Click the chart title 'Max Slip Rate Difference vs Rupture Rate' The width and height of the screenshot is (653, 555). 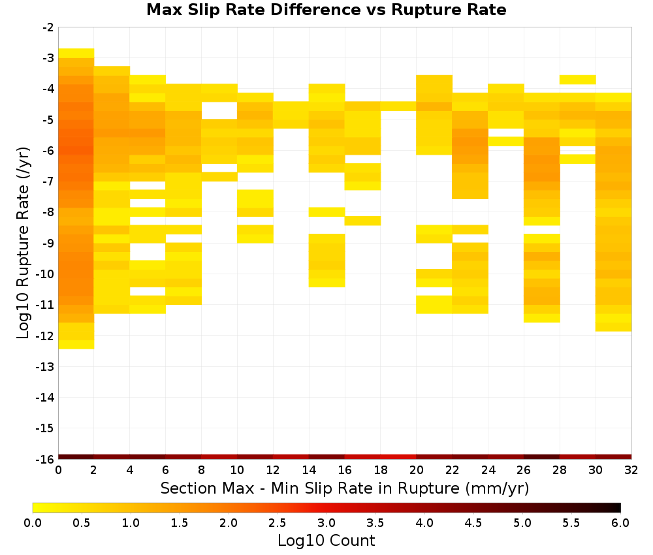point(326,10)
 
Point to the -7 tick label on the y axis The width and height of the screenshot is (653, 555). point(48,182)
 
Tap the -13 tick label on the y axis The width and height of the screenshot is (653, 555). point(45,367)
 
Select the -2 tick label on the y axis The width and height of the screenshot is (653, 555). point(48,27)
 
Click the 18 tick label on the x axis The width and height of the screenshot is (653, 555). point(381,470)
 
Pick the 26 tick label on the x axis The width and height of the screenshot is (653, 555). point(524,470)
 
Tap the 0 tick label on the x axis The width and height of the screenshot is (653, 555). point(58,470)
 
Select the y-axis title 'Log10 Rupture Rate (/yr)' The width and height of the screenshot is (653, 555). point(24,243)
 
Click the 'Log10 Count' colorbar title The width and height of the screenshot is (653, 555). point(326,541)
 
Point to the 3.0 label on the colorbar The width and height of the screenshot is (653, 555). point(326,523)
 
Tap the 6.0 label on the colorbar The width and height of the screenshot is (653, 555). point(620,523)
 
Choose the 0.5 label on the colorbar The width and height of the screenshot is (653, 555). point(81,523)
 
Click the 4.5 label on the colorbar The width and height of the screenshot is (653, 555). point(473,523)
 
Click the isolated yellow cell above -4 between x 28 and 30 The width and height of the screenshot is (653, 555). point(578,80)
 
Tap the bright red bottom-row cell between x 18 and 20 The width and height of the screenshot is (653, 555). point(398,457)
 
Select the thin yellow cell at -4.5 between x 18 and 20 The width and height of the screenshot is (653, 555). point(398,106)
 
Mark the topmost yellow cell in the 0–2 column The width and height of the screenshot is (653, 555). point(76,54)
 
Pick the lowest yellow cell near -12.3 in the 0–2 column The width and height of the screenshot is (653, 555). point(76,345)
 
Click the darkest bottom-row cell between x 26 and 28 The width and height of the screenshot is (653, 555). point(542,457)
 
